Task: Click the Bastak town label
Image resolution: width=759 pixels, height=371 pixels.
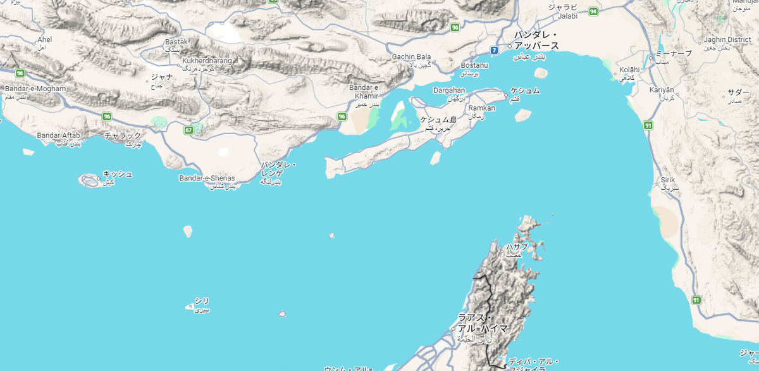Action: pos(176,42)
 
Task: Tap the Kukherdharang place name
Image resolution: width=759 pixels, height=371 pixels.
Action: pos(207,61)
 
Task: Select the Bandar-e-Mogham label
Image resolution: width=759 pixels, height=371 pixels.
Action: pos(35,89)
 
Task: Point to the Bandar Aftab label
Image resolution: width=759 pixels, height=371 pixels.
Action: pos(58,135)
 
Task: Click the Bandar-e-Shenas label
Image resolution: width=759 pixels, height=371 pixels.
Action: pos(207,178)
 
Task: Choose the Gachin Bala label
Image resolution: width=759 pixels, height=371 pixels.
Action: pos(411,56)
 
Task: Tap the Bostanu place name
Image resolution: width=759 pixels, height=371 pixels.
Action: pos(474,65)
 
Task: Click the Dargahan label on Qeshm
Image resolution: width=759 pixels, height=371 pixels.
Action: pos(449,91)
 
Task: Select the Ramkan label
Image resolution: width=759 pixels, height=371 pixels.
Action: pos(482,108)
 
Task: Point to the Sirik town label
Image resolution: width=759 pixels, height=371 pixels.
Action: pos(668,180)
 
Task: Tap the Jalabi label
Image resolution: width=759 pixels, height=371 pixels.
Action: pos(568,16)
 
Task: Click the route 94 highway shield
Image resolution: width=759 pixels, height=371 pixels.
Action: pos(593,11)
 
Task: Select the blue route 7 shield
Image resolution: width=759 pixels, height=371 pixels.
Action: pos(493,49)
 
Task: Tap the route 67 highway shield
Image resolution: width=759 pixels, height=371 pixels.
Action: pos(188,130)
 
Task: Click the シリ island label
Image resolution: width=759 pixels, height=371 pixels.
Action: pos(201,301)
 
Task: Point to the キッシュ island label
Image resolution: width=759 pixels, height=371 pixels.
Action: pos(118,173)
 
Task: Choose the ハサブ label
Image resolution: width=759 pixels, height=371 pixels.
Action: pos(516,247)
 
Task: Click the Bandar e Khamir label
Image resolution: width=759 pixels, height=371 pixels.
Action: pos(366,91)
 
